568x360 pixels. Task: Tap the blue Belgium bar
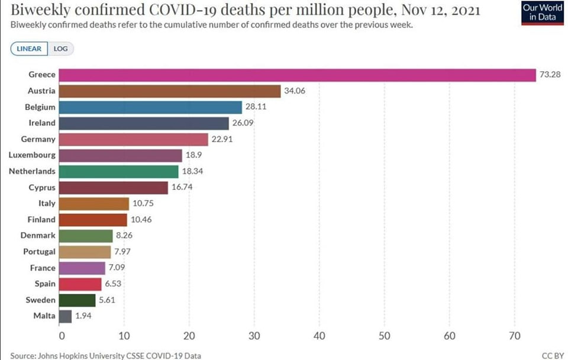pos(151,107)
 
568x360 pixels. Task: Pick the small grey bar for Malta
pos(66,316)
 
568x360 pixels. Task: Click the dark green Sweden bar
pos(78,300)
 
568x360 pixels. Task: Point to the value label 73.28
pos(550,75)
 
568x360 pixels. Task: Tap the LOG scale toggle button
pos(61,49)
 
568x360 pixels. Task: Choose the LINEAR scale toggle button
pos(29,49)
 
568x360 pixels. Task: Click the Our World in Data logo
pos(543,14)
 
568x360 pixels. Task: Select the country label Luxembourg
pos(32,155)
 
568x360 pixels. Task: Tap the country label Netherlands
pos(32,171)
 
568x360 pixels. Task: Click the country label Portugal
pos(39,252)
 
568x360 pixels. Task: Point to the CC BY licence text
pos(552,356)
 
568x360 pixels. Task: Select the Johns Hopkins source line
pos(105,356)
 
